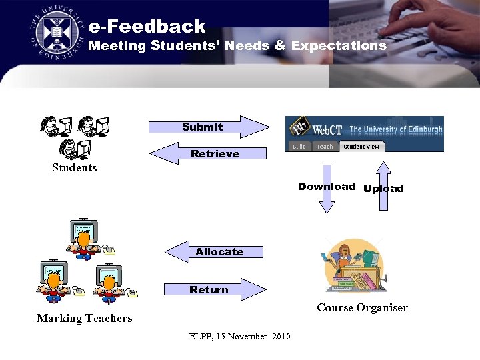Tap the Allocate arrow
click(x=214, y=251)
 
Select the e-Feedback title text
click(x=147, y=27)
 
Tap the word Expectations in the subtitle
click(x=339, y=46)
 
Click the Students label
click(x=75, y=168)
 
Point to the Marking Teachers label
click(x=84, y=318)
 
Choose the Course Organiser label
click(x=362, y=307)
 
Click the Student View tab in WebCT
click(x=361, y=146)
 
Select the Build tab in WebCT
click(x=299, y=147)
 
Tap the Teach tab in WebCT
click(x=325, y=147)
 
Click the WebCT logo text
click(x=327, y=129)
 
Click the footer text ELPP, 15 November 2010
click(x=240, y=336)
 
